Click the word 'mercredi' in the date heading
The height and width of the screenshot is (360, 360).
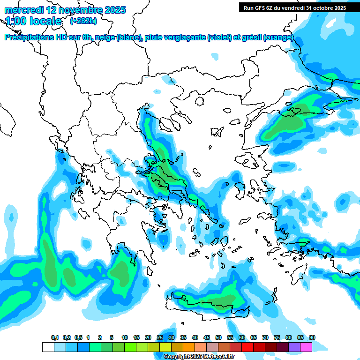point(23,10)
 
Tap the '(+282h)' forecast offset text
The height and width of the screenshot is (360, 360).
point(83,21)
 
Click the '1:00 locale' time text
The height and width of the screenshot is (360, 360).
point(33,21)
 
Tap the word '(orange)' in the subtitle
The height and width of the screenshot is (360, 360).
point(278,37)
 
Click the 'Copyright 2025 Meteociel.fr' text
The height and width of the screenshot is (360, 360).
point(199,357)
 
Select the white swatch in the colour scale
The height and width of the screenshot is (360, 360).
point(48,347)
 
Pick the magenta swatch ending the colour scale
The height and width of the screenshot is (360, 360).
point(306,347)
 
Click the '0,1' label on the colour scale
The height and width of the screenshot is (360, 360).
point(55,337)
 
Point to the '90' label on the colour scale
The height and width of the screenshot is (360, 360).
point(312,337)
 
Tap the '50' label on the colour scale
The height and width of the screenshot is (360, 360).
point(218,337)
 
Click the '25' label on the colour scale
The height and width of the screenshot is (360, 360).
point(160,337)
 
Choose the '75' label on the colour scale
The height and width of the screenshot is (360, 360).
point(277,337)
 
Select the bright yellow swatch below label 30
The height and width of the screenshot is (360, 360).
point(165,347)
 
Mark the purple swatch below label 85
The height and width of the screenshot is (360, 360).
point(294,347)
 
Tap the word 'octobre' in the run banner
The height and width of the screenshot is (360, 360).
point(322,7)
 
